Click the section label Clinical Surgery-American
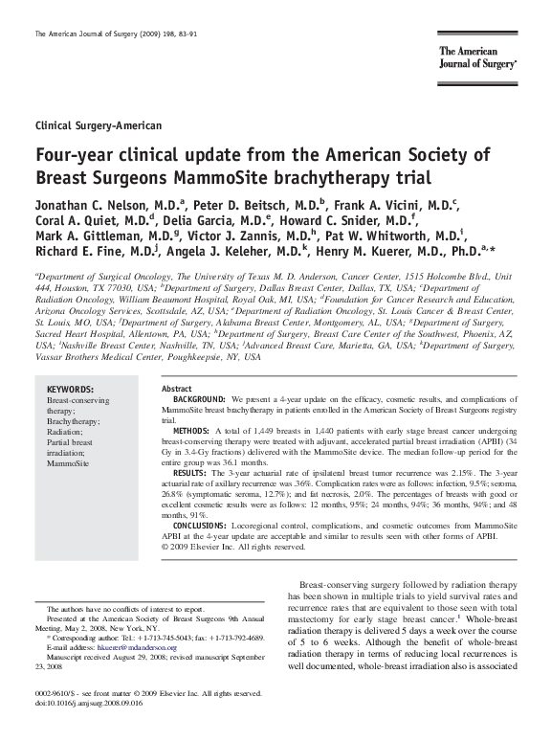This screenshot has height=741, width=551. click(98, 125)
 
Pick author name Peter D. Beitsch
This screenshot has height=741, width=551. click(242, 205)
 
